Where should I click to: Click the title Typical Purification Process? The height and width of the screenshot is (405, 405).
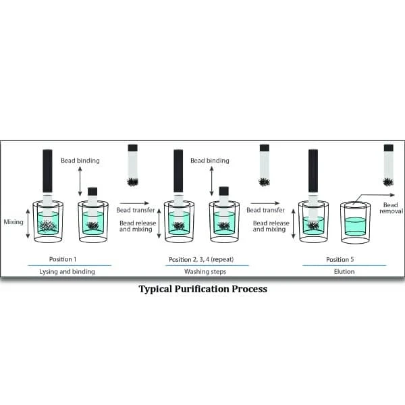click(202, 289)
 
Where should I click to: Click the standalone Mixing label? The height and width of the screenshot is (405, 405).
click(13, 221)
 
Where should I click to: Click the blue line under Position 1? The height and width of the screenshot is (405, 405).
click(70, 265)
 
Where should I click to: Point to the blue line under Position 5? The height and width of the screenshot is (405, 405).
click(344, 265)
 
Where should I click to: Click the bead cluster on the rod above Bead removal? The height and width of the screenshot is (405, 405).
click(388, 181)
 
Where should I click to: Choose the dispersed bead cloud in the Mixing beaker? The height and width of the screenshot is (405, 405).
click(47, 225)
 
